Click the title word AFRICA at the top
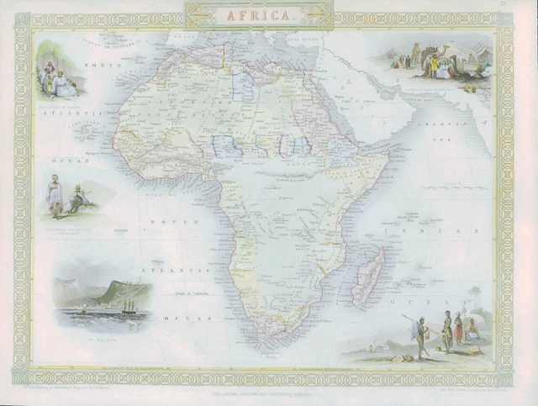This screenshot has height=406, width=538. tap(259, 15)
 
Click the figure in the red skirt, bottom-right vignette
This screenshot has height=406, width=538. tap(458, 330)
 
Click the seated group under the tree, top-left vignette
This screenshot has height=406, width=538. tap(59, 81)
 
